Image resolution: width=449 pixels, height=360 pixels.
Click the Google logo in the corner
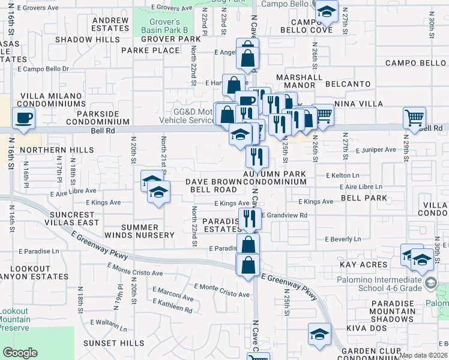[20, 353]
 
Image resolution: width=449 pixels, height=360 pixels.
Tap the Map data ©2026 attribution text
[424, 355]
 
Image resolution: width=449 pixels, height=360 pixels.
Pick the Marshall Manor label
[299, 81]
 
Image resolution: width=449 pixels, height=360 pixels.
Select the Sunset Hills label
[113, 343]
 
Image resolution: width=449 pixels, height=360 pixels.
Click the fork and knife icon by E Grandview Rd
[250, 218]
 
